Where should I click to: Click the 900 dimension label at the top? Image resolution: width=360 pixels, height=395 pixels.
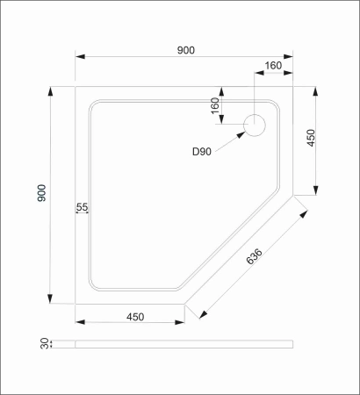(x=184, y=50)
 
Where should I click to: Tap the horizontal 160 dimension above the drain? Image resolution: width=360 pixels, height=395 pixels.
(x=272, y=65)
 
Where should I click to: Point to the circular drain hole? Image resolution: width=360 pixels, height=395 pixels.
(x=255, y=125)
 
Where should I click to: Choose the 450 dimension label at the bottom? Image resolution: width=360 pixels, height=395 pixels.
(x=134, y=317)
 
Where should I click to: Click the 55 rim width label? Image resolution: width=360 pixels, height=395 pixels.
(x=83, y=207)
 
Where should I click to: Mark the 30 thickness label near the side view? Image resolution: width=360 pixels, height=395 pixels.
(x=41, y=344)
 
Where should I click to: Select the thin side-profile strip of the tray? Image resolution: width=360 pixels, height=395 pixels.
(x=184, y=344)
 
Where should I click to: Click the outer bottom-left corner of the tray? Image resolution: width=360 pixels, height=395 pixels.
(x=76, y=304)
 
